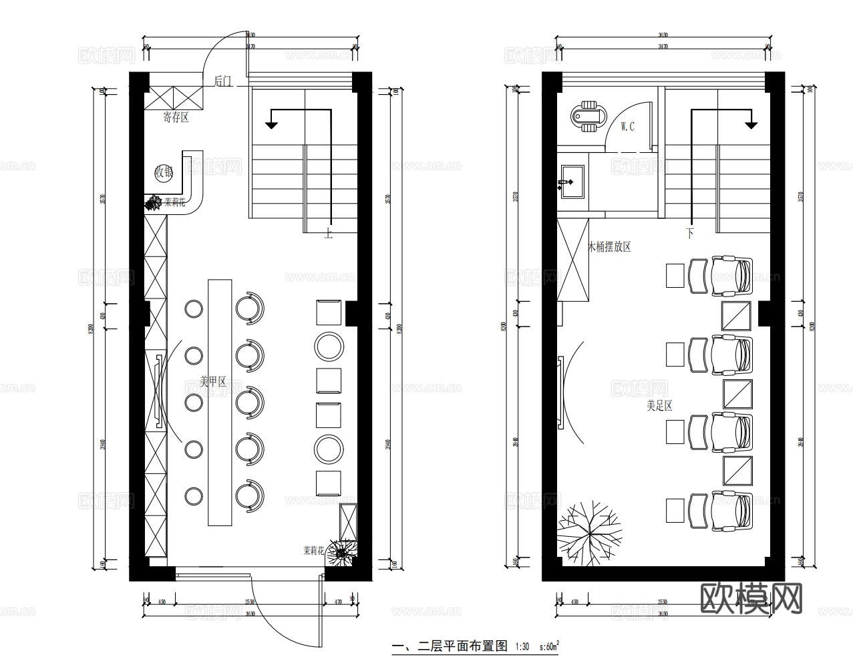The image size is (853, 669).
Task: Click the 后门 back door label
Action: pyautogui.click(x=223, y=81)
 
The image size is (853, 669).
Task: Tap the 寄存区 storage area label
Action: pyautogui.click(x=176, y=118)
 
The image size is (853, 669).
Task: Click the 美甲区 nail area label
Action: pyautogui.click(x=213, y=383)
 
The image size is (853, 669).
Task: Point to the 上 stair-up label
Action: pyautogui.click(x=328, y=233)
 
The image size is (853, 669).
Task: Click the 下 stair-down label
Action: pyautogui.click(x=689, y=234)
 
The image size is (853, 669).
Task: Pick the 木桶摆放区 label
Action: pyautogui.click(x=609, y=247)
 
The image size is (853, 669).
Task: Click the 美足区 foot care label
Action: pyautogui.click(x=659, y=405)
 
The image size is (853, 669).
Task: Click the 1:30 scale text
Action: pyautogui.click(x=522, y=647)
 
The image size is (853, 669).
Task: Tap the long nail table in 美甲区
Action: pyautogui.click(x=219, y=402)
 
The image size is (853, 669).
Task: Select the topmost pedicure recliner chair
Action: pyautogui.click(x=732, y=275)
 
